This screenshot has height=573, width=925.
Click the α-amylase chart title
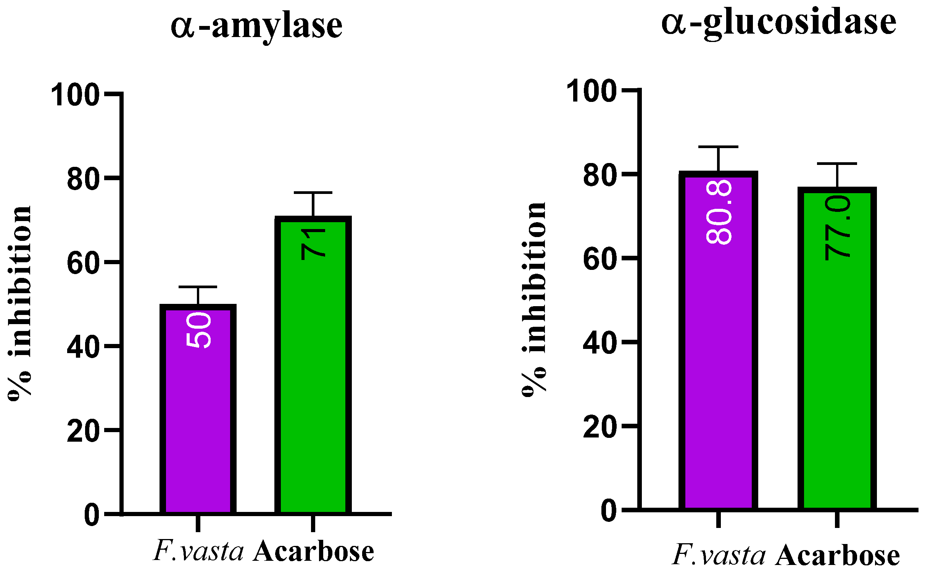pos(256,26)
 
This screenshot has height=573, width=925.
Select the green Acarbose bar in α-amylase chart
pos(313,382)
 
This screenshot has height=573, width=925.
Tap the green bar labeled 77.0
pos(837,382)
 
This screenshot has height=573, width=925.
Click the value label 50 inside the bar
pos(198,330)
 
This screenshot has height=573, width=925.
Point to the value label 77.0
pos(838,228)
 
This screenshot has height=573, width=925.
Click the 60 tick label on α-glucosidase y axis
pos(600,259)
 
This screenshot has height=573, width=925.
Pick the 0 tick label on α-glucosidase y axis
pos(609,511)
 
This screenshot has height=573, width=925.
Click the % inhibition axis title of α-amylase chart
pos(20,303)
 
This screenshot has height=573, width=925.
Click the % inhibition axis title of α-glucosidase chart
pos(534,300)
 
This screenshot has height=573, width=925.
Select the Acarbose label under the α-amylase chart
pos(313,552)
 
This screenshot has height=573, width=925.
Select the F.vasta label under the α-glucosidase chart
pos(719,555)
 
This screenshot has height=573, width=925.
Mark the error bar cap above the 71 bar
pos(313,193)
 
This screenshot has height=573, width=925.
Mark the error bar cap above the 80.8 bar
pos(718,147)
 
